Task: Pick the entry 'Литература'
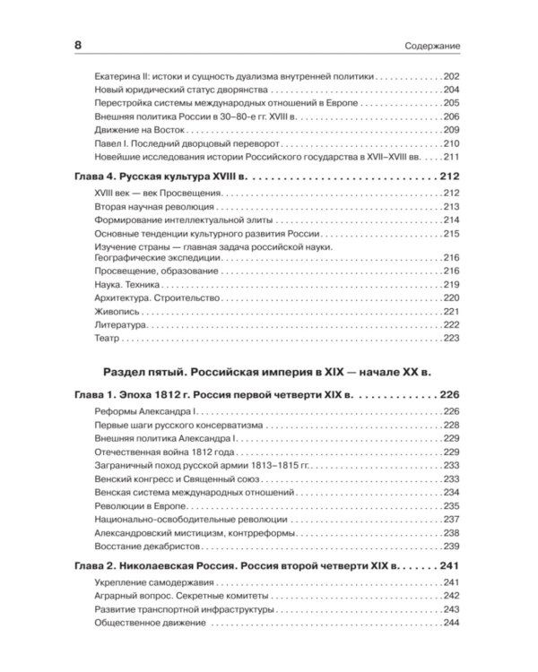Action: (119, 324)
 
